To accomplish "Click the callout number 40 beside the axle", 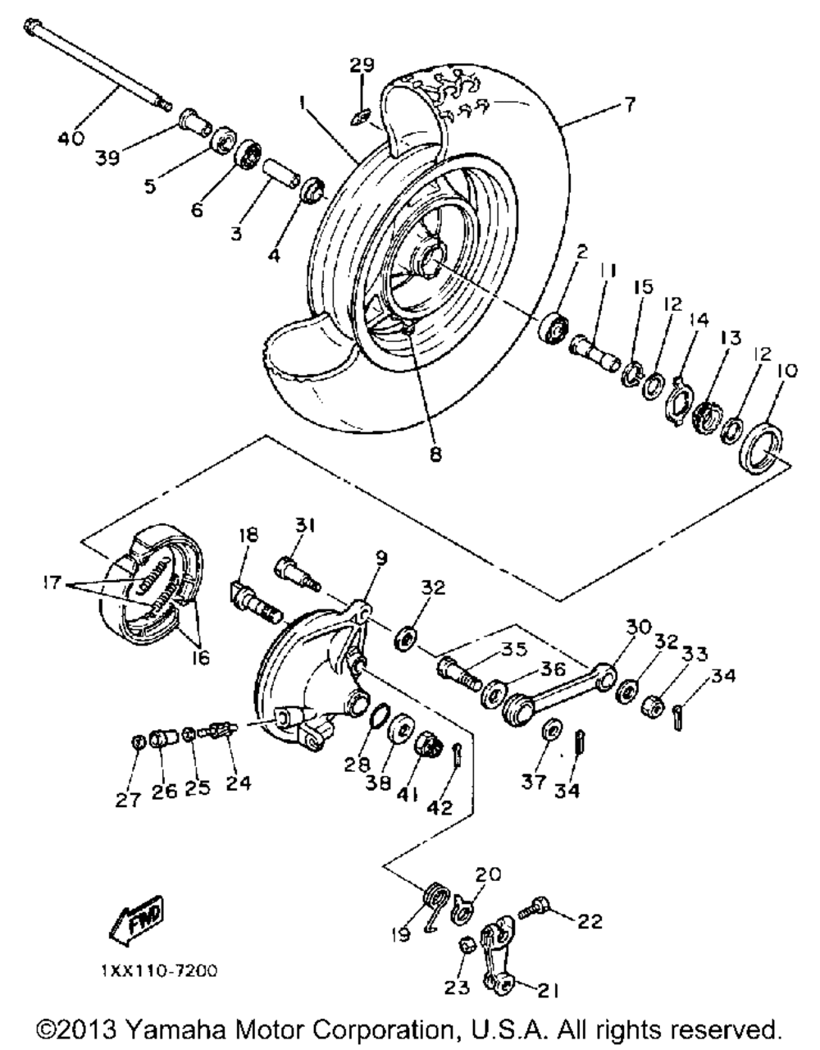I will click(70, 137).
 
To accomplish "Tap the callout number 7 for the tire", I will click(628, 104).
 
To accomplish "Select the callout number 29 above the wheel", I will click(362, 65).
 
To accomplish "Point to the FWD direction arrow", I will click(134, 919).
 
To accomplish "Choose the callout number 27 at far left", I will click(128, 799).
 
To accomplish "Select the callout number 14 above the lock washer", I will click(699, 321).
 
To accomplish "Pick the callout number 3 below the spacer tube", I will click(236, 234).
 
